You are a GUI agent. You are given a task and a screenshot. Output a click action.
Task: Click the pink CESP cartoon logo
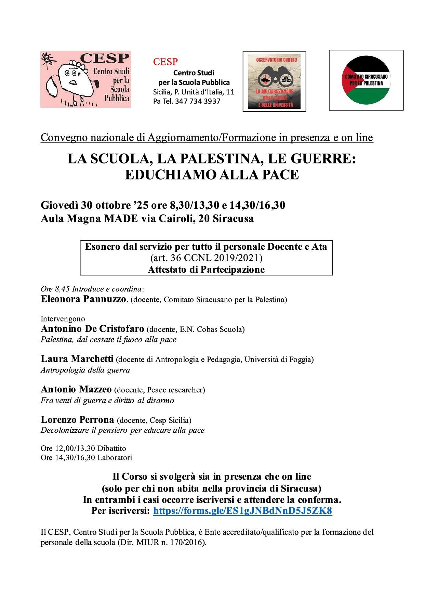pos(85,79)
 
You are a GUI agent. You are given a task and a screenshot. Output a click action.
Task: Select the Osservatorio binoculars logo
pos(274,81)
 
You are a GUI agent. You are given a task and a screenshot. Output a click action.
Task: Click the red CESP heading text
pos(165,62)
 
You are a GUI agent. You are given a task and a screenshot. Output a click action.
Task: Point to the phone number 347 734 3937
pos(199,101)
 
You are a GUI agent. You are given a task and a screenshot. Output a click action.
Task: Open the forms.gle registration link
pos(242,511)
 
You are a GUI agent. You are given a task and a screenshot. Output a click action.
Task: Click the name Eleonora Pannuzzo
pos(83,299)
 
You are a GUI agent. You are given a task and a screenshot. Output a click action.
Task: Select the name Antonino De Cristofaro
pos(92,329)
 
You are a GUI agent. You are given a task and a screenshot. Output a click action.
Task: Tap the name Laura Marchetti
pos(77,359)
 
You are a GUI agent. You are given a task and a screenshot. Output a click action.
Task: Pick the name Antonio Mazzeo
pos(76,389)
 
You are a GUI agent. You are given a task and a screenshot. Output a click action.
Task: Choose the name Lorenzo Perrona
pos(77,419)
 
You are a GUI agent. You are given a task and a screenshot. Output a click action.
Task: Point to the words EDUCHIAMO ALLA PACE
pos(212,175)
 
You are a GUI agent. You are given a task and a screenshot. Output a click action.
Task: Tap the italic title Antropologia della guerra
pos(85,370)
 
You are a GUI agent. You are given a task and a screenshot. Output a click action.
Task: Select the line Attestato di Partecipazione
pos(206,269)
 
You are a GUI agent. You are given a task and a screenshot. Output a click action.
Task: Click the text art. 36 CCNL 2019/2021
pos(207,258)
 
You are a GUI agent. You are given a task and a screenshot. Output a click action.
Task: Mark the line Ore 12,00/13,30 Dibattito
pos(83,448)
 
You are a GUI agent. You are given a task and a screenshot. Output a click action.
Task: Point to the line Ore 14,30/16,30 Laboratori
pos(86,457)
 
